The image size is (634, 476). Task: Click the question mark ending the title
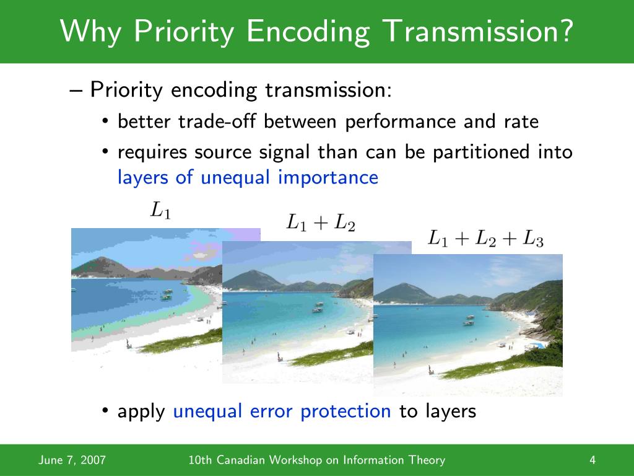[x=565, y=31]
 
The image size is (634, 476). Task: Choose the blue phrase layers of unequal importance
[x=248, y=178]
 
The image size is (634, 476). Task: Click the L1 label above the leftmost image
[x=160, y=211]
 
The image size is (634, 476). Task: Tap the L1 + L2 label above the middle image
[x=320, y=223]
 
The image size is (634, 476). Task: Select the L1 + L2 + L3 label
[x=486, y=238]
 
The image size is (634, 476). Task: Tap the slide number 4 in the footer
[x=593, y=460]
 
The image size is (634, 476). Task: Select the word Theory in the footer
[x=427, y=460]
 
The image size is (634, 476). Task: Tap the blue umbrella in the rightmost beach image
[x=537, y=345]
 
